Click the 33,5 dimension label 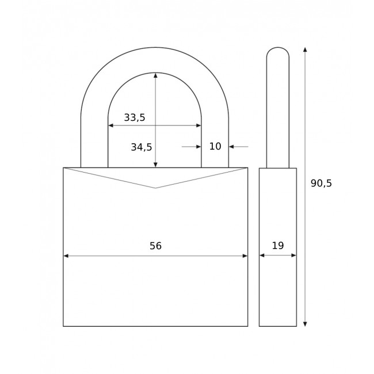point(135,118)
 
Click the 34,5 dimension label point(142,147)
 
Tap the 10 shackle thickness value point(215,147)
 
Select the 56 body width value point(155,246)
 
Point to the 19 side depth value point(278,246)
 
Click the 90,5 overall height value point(321,184)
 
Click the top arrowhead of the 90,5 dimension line point(305,50)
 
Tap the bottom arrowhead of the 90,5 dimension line point(305,324)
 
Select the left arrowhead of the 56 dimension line point(66,255)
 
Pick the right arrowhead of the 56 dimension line point(245,255)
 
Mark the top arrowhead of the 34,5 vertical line point(155,75)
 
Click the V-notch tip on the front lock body point(155,188)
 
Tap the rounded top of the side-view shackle point(278,48)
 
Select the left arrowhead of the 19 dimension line point(262,255)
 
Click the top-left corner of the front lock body point(63,168)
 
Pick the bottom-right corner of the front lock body point(247,326)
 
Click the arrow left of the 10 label point(198,147)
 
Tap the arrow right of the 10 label point(232,147)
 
